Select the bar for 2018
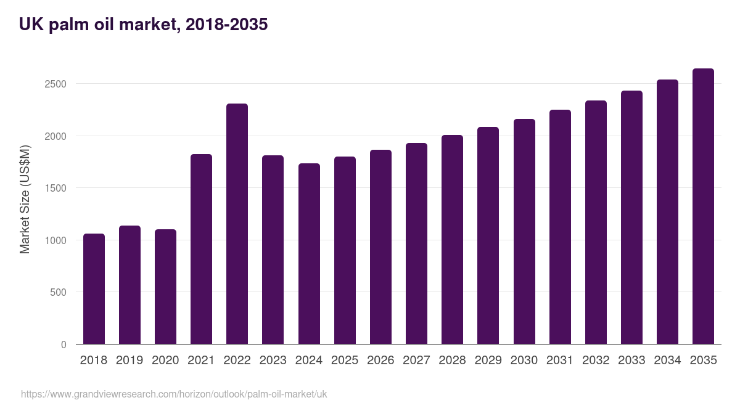[94, 289]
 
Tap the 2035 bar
[703, 206]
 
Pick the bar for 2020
[165, 287]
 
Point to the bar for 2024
[309, 254]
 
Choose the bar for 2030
[524, 232]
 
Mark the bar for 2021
[201, 249]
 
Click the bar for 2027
[416, 243]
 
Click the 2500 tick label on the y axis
[55, 84]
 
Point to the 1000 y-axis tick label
[55, 240]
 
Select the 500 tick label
[57, 292]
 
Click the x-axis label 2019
[129, 361]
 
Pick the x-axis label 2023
[273, 361]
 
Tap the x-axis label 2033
[631, 361]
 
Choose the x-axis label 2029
[488, 361]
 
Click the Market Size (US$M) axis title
[25, 199]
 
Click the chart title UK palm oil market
[143, 25]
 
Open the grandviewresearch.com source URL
[174, 394]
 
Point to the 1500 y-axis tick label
[55, 188]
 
